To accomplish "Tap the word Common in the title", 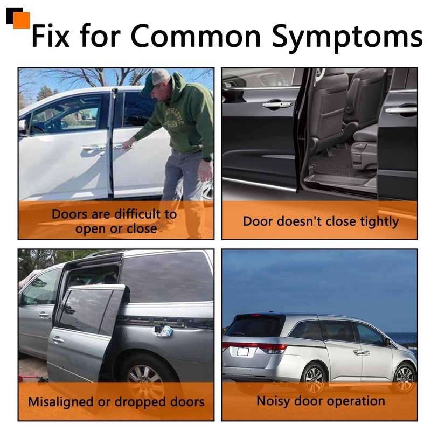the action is pyautogui.click(x=196, y=36).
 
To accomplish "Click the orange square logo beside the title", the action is pyautogui.click(x=21, y=20).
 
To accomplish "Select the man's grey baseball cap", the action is pyautogui.click(x=156, y=78).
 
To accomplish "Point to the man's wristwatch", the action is pyautogui.click(x=207, y=159).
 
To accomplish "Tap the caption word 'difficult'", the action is pyautogui.click(x=138, y=214).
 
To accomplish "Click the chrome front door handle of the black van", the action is pyautogui.click(x=276, y=105).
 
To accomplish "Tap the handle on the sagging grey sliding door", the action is pyautogui.click(x=58, y=340).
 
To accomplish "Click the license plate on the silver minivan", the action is pyautogui.click(x=243, y=352).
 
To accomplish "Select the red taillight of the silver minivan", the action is pyautogui.click(x=273, y=348).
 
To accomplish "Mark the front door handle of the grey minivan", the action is pyautogui.click(x=44, y=315).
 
